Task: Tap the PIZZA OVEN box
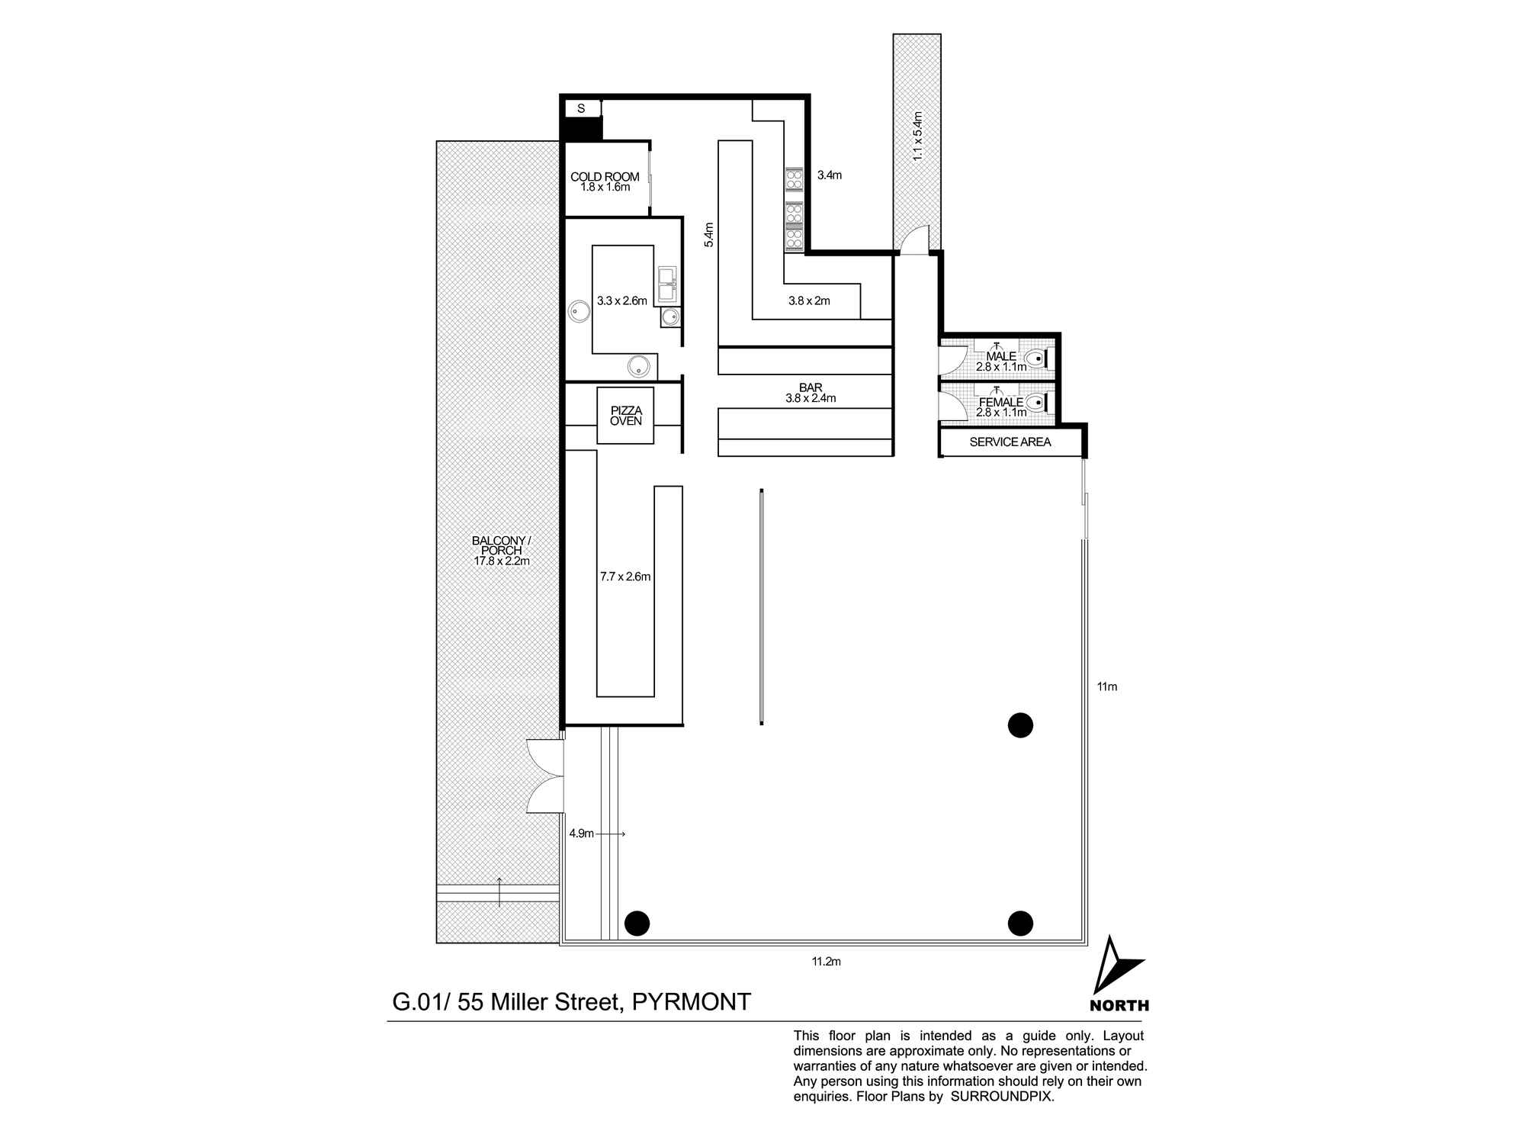pyautogui.click(x=625, y=416)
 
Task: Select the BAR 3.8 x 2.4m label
pyautogui.click(x=811, y=393)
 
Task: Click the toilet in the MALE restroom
pyautogui.click(x=1035, y=358)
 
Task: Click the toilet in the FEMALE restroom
pyautogui.click(x=1035, y=403)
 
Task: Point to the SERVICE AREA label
pyautogui.click(x=1010, y=442)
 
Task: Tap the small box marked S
pyautogui.click(x=581, y=109)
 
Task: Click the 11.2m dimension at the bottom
pyautogui.click(x=826, y=962)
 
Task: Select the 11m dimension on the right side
pyautogui.click(x=1106, y=686)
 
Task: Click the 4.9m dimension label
pyautogui.click(x=581, y=834)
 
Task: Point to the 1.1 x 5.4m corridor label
pyautogui.click(x=918, y=136)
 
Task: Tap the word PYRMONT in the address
pyautogui.click(x=692, y=1001)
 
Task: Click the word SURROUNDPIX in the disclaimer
pyautogui.click(x=1001, y=1097)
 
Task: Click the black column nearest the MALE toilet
pyautogui.click(x=1020, y=725)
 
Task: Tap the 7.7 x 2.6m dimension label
pyautogui.click(x=625, y=577)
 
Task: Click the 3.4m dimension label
pyautogui.click(x=829, y=175)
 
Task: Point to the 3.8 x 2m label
pyautogui.click(x=809, y=300)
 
